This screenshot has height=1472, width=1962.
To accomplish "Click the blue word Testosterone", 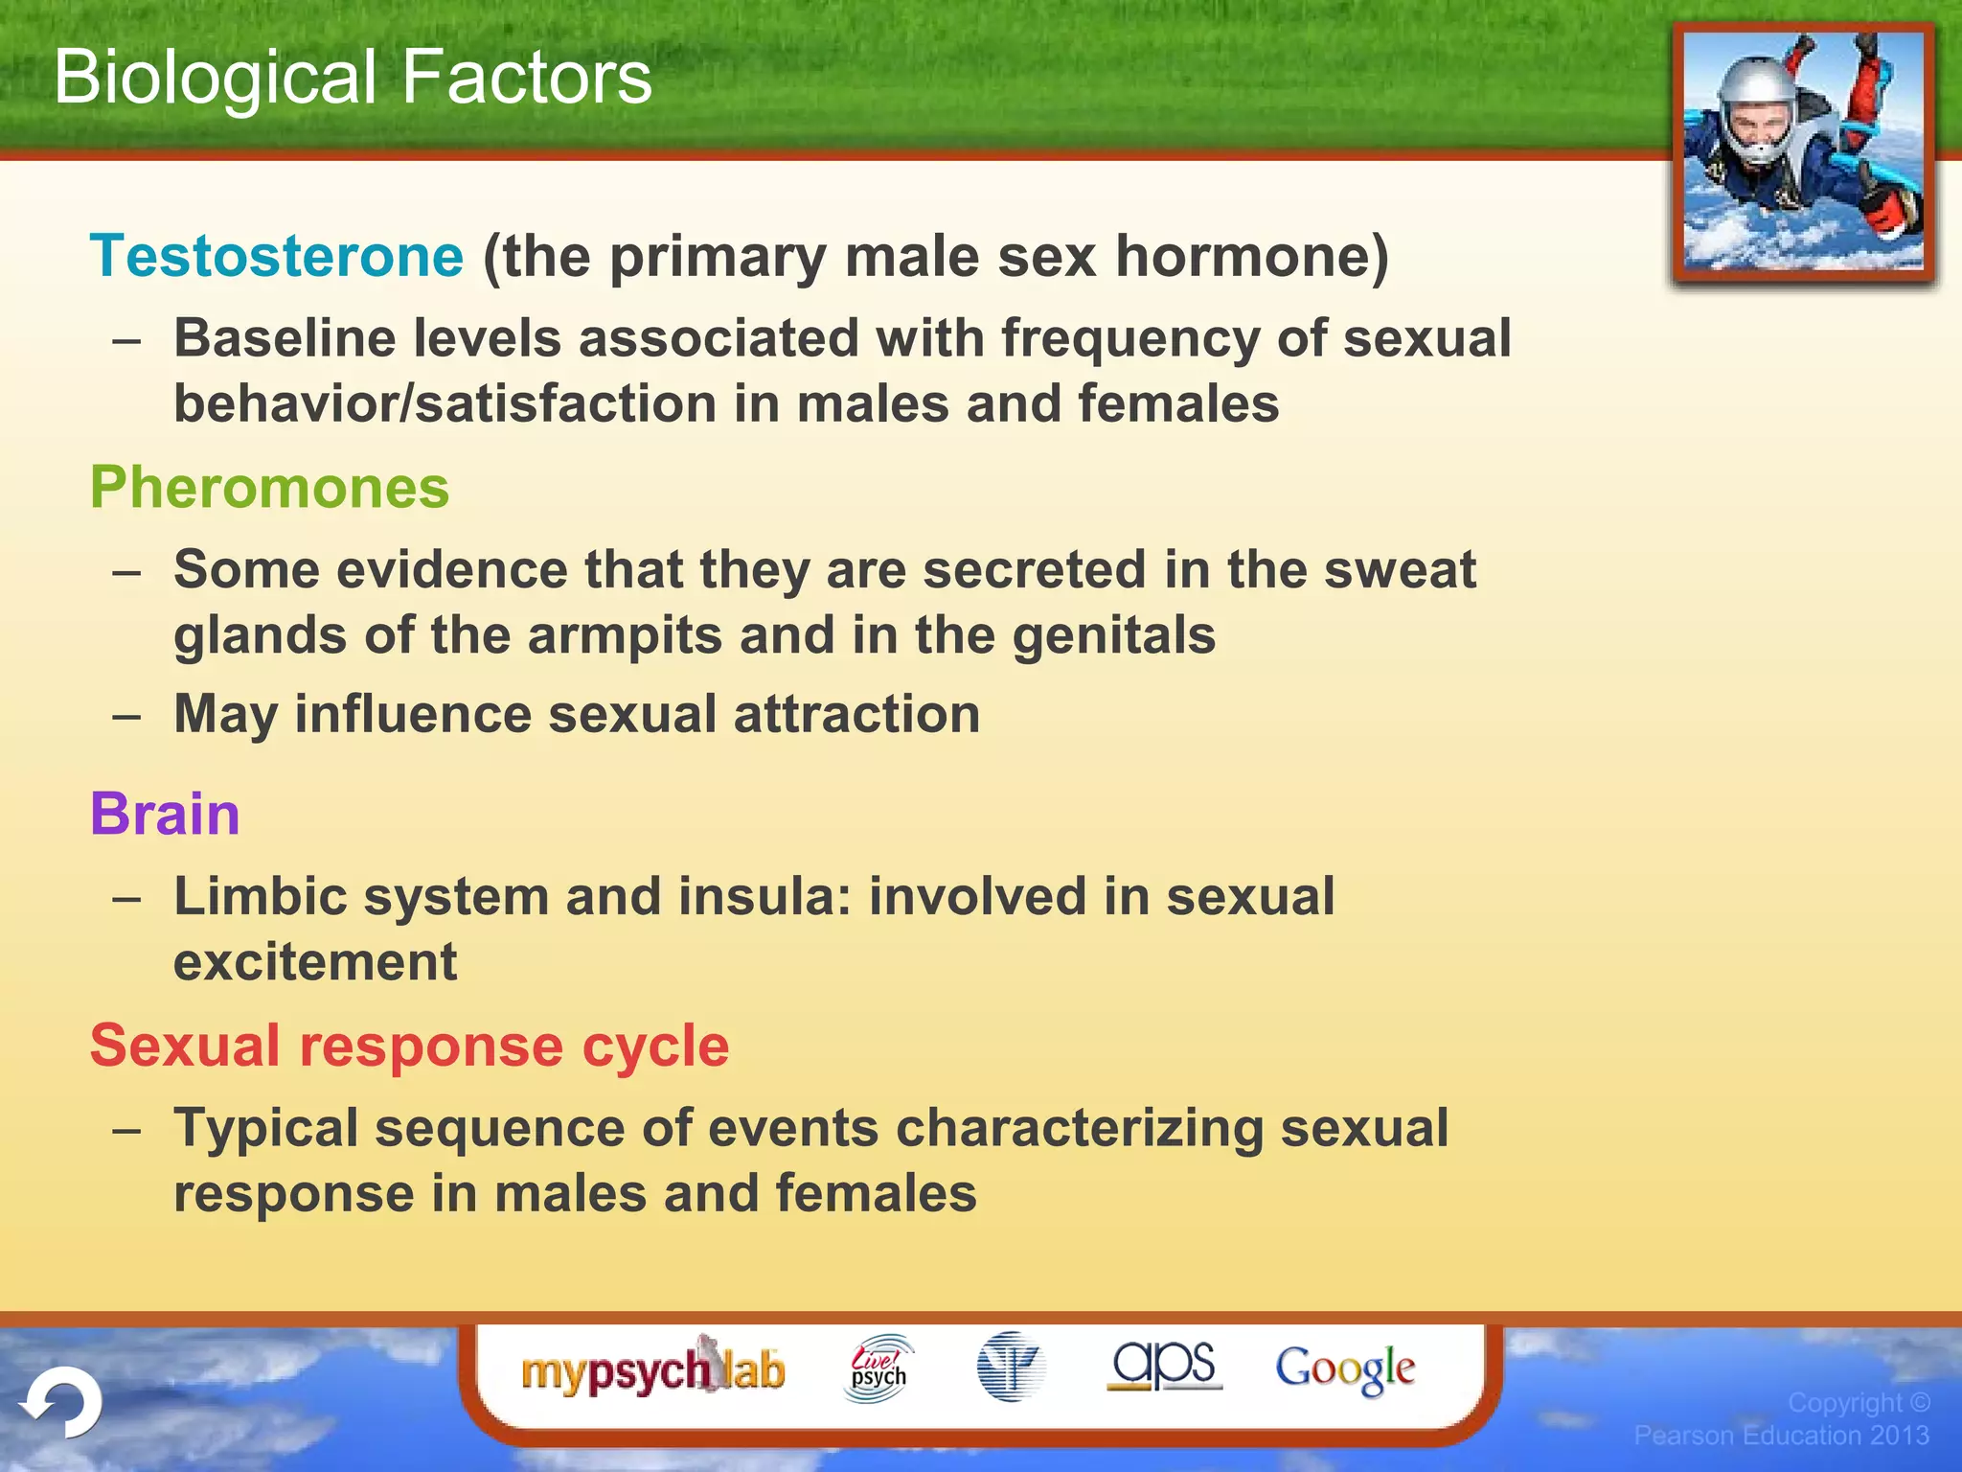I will pos(277,257).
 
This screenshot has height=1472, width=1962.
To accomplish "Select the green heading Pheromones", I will pos(269,488).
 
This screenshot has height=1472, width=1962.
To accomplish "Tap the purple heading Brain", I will pos(165,815).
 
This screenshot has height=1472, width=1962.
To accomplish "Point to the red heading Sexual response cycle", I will pos(409,1046).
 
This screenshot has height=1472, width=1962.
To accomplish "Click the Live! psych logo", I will pos(878,1369).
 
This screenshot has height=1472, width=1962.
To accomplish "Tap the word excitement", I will pos(315,962).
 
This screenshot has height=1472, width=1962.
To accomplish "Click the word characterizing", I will pos(1080,1128).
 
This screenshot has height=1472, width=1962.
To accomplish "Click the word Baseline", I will pos(285,339).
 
